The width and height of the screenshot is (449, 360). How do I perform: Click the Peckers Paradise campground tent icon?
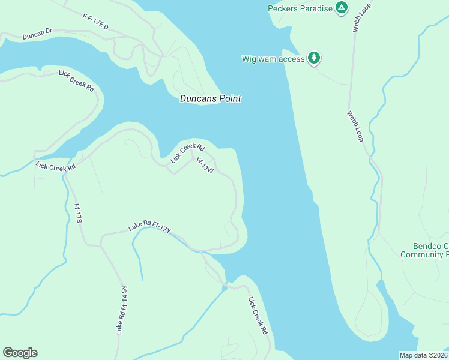pyautogui.click(x=341, y=8)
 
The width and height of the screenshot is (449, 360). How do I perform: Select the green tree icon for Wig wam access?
pyautogui.click(x=314, y=58)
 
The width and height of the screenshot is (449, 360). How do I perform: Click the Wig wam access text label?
pyautogui.click(x=273, y=59)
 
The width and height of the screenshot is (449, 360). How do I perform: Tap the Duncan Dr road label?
pyautogui.click(x=37, y=36)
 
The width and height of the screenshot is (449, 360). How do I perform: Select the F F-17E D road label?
pyautogui.click(x=95, y=23)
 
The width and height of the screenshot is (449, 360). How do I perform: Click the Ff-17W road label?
pyautogui.click(x=205, y=166)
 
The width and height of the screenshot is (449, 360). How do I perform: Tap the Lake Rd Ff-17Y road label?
pyautogui.click(x=150, y=227)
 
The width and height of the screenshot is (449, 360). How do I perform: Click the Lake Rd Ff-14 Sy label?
pyautogui.click(x=122, y=310)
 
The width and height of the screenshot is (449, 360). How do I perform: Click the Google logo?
pyautogui.click(x=20, y=353)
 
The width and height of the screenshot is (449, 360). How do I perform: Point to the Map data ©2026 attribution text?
pyautogui.click(x=423, y=355)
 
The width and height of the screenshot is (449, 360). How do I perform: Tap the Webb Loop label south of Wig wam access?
pyautogui.click(x=355, y=126)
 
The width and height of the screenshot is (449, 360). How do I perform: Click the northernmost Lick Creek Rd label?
pyautogui.click(x=77, y=81)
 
